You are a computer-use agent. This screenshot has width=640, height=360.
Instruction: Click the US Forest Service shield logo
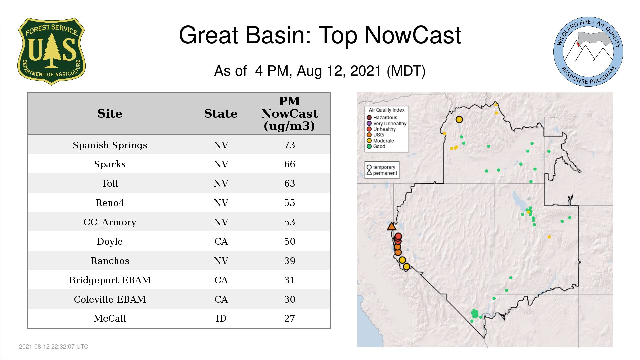51,51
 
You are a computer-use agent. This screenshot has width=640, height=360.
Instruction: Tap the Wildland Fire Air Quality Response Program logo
588,52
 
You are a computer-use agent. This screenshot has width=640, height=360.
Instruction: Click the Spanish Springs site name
110,145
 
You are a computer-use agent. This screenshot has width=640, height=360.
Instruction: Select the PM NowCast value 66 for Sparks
290,164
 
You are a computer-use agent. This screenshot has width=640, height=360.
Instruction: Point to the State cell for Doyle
221,241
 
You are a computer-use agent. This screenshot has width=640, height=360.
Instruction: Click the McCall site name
110,318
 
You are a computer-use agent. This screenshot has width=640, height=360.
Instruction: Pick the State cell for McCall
221,318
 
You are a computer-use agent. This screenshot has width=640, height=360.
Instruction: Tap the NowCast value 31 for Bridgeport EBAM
290,280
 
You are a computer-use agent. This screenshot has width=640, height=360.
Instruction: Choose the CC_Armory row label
110,222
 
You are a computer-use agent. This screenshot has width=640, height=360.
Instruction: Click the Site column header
110,114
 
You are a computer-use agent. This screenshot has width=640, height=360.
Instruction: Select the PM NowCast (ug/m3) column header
290,114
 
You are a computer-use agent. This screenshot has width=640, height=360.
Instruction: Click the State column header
221,114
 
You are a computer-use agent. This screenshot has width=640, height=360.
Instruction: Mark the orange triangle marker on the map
392,227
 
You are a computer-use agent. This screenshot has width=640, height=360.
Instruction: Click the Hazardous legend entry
382,118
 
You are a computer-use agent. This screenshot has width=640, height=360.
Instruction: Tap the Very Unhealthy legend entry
387,123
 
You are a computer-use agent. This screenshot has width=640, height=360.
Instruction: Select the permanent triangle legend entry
382,173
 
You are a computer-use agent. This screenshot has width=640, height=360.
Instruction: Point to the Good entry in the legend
376,146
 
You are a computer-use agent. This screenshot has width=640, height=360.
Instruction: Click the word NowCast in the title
413,35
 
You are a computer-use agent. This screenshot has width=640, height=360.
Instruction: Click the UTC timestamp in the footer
54,347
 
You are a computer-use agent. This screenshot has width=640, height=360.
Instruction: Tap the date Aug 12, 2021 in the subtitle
339,71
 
